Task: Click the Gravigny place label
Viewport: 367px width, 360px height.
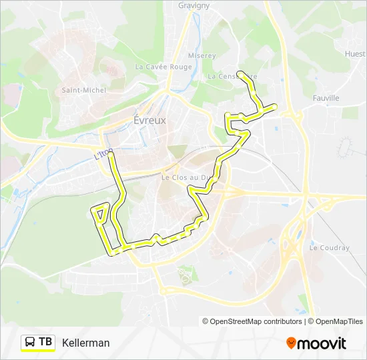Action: [194, 5]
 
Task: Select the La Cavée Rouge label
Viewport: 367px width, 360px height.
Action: [163, 67]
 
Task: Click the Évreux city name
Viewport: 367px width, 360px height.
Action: [149, 121]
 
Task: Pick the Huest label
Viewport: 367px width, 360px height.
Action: [356, 53]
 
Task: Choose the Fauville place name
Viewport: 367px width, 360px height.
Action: [326, 98]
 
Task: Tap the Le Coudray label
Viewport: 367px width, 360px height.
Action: [329, 248]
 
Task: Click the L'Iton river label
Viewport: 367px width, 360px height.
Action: [101, 155]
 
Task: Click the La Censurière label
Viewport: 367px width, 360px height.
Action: [232, 77]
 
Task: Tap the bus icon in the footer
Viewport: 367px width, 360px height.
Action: [30, 342]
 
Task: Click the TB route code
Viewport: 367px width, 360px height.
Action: [45, 342]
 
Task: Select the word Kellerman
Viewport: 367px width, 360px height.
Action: [86, 343]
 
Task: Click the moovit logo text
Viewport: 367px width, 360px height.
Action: [322, 343]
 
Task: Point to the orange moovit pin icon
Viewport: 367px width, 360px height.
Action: [292, 343]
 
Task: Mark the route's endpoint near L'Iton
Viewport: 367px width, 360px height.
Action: [111, 155]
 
